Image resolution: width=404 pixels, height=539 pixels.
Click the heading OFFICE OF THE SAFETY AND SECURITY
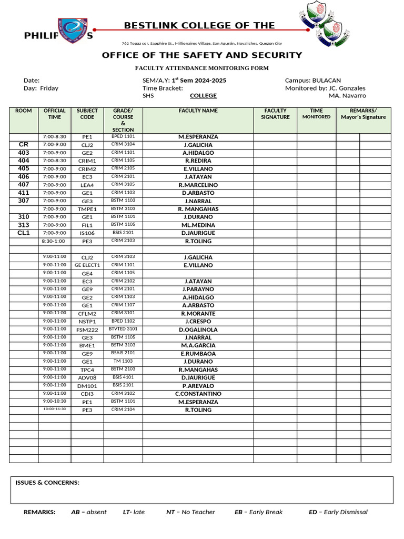[201, 55]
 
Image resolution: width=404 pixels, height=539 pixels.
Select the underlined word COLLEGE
[203, 96]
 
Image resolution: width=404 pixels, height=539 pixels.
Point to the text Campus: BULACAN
[312, 80]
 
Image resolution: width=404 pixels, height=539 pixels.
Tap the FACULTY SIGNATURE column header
[275, 114]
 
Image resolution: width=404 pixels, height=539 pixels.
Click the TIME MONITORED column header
[316, 114]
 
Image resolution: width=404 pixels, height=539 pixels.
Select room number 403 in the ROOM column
[24, 153]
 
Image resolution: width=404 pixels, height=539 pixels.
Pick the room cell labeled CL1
[24, 233]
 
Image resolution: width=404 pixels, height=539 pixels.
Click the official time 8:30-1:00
[54, 241]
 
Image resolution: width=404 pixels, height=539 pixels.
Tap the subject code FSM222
[87, 330]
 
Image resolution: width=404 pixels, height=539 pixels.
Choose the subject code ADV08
[87, 378]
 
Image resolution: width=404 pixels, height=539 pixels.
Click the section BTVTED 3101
[123, 329]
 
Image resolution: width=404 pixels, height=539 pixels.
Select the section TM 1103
[123, 361]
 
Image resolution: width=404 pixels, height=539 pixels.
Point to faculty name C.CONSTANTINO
[198, 394]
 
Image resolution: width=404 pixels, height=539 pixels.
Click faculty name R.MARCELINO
[198, 185]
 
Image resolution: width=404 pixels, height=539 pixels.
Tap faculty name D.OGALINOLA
[198, 330]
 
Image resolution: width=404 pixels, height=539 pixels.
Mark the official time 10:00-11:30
[54, 409]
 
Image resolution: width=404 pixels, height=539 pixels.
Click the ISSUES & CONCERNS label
[47, 483]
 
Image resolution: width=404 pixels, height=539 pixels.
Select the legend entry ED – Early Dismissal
[338, 512]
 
